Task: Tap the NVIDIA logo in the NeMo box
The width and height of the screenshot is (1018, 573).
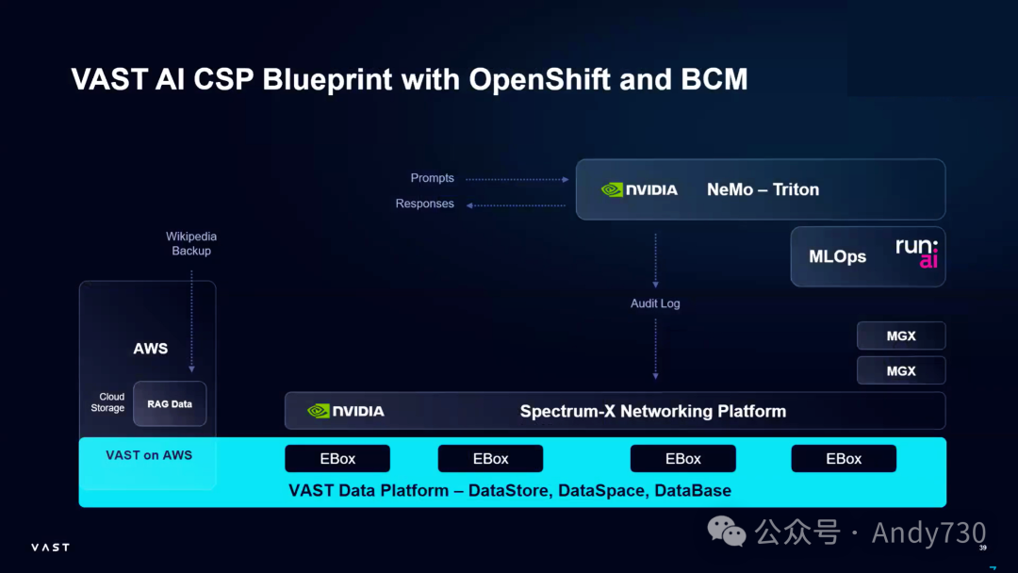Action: [639, 189]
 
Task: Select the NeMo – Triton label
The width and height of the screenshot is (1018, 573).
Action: [763, 189]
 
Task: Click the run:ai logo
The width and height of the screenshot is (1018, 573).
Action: [916, 254]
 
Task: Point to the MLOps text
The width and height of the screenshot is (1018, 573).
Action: [837, 256]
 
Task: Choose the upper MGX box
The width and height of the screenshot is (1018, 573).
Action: [901, 336]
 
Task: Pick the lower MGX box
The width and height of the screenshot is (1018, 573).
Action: [901, 370]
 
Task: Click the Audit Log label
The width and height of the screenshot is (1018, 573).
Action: [655, 303]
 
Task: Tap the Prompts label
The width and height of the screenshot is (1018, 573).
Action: [433, 178]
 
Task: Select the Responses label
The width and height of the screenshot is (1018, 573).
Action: [425, 204]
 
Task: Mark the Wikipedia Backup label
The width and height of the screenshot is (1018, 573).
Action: [191, 243]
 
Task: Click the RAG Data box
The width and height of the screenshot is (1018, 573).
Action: [170, 404]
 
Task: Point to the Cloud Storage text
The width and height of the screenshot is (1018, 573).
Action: [107, 402]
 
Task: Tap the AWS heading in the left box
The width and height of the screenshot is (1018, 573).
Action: [151, 349]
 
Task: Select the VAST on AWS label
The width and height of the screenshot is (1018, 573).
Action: [149, 455]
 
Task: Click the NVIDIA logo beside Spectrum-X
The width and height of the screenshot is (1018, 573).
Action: [346, 411]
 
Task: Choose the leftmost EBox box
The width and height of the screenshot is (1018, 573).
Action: [337, 459]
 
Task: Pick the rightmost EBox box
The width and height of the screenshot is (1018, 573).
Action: [844, 459]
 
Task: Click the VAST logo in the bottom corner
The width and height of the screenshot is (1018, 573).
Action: [50, 547]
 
